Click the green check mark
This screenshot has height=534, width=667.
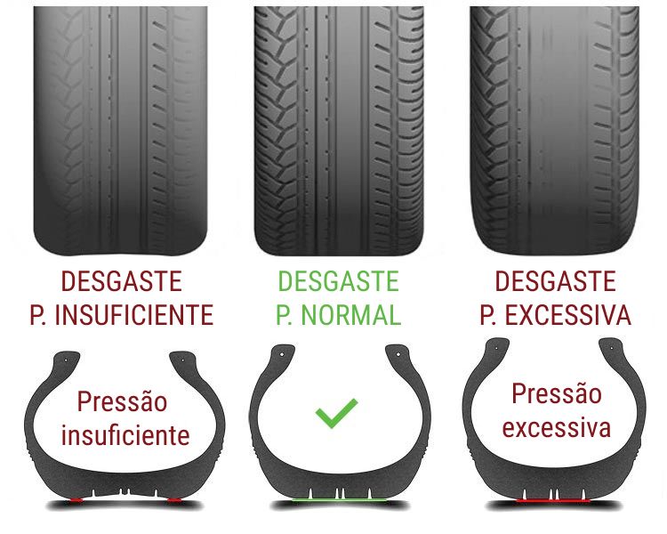(x=336, y=413)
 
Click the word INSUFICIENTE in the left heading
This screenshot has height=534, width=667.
(x=134, y=315)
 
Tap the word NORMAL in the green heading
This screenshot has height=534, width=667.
(x=351, y=315)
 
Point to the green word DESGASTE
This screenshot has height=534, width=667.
(x=339, y=281)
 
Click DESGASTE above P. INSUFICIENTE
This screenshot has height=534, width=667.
(x=122, y=281)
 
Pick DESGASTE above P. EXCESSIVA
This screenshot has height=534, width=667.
(x=556, y=281)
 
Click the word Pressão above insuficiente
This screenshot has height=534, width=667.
(x=122, y=401)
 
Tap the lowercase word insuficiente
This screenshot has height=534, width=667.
(x=125, y=435)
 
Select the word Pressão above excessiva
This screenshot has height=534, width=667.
(x=557, y=393)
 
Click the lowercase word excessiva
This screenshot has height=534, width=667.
(x=557, y=427)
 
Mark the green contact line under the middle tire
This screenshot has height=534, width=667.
(x=340, y=499)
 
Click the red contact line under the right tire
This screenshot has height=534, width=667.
(x=553, y=500)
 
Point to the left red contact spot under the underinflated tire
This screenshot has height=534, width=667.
(x=76, y=500)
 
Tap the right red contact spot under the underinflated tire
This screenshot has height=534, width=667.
(x=174, y=500)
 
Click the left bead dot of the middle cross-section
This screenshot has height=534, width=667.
(x=282, y=354)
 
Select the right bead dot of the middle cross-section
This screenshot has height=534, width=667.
(x=398, y=354)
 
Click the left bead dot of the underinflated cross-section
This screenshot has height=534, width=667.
(x=66, y=360)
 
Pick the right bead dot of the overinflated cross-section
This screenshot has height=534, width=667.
(x=612, y=348)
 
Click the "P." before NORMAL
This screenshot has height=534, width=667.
(x=285, y=315)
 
